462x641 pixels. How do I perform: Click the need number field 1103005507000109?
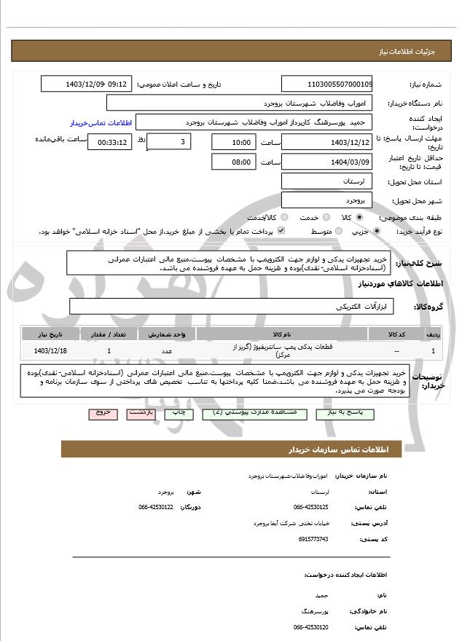[326, 84]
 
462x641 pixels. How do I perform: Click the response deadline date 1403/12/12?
[326, 142]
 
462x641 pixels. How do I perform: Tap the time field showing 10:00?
[234, 142]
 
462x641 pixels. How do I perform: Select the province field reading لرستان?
[326, 181]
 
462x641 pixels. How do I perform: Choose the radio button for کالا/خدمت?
[283, 218]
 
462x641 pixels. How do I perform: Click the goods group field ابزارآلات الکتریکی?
[232, 307]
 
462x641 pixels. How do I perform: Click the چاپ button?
[179, 413]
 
